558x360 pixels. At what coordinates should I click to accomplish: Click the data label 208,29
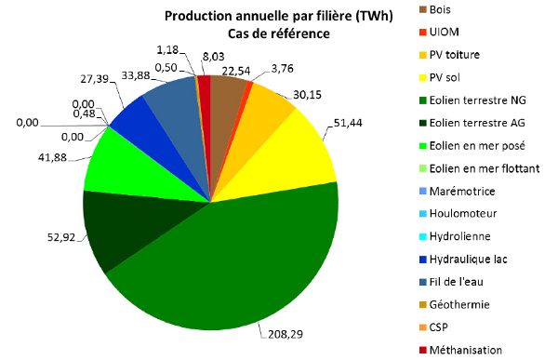click(x=286, y=334)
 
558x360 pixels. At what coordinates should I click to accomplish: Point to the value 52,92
click(x=61, y=237)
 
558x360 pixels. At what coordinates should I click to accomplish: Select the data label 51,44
click(x=348, y=123)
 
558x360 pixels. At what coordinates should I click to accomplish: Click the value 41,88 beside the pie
click(x=52, y=157)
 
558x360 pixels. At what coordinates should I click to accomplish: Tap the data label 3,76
click(x=282, y=68)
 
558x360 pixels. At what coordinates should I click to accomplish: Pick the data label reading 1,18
click(x=167, y=50)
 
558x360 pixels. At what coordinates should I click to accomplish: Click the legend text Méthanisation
click(x=466, y=350)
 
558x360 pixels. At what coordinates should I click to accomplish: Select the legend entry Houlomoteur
click(x=463, y=213)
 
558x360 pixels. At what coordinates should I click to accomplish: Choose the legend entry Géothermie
click(x=459, y=304)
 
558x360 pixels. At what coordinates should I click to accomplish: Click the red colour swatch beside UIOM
click(x=423, y=32)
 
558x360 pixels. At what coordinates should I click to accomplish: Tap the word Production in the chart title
click(x=193, y=16)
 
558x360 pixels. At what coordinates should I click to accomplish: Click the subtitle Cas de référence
click(x=279, y=33)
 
